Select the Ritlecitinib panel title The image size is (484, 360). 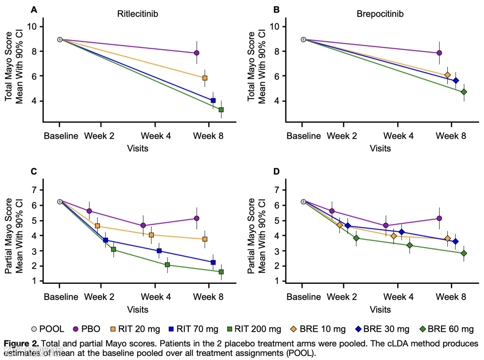tap(138, 14)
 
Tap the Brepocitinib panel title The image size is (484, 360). tap(380, 14)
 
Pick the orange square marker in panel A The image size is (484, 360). tap(205, 78)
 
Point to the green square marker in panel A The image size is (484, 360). tap(221, 110)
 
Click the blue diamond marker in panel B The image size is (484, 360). tap(456, 81)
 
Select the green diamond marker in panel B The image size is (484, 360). tap(464, 92)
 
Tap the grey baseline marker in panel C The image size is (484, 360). tap(60, 201)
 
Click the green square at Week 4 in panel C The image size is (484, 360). tap(167, 265)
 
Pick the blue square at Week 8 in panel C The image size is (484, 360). tap(213, 262)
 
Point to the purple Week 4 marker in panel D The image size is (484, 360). tap(385, 226)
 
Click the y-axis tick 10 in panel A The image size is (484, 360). tap(31, 26)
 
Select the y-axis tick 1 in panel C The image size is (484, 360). tap(34, 281)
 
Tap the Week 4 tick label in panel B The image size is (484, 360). tap(398, 136)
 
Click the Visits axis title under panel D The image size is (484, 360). tap(380, 309)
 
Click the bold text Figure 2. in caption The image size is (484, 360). tap(21, 344)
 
